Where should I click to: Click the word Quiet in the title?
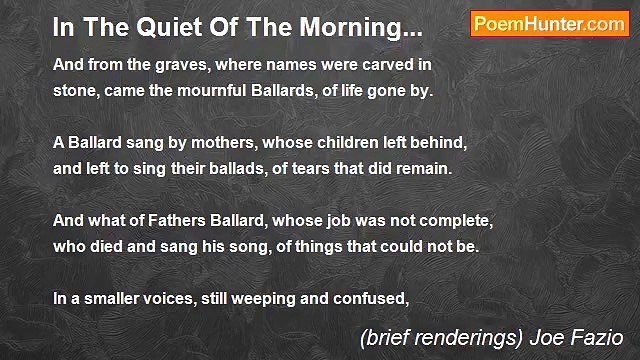pos(158,29)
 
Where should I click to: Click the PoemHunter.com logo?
pos(549,25)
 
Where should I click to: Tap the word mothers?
pos(226,143)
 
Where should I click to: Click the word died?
pos(113,246)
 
